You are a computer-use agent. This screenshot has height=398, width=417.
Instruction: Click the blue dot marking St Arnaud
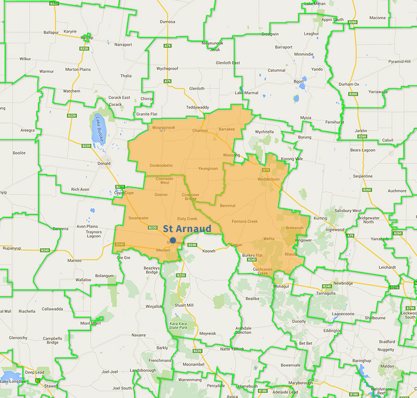(173, 240)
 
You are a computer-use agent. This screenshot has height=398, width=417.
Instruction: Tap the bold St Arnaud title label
(187, 229)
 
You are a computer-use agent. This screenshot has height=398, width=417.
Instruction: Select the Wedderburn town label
(269, 179)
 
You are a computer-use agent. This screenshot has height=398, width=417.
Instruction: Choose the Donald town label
(104, 163)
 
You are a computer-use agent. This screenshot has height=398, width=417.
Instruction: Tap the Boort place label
(299, 81)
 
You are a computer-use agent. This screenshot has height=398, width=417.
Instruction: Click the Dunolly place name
(299, 322)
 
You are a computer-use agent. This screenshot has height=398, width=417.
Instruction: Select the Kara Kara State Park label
(178, 326)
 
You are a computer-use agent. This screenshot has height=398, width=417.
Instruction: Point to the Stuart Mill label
(185, 305)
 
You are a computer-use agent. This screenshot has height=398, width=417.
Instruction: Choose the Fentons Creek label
(245, 222)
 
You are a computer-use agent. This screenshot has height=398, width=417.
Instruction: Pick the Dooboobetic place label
(161, 165)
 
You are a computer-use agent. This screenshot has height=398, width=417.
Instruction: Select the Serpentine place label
(362, 176)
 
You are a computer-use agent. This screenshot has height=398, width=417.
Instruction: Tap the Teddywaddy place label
(197, 108)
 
